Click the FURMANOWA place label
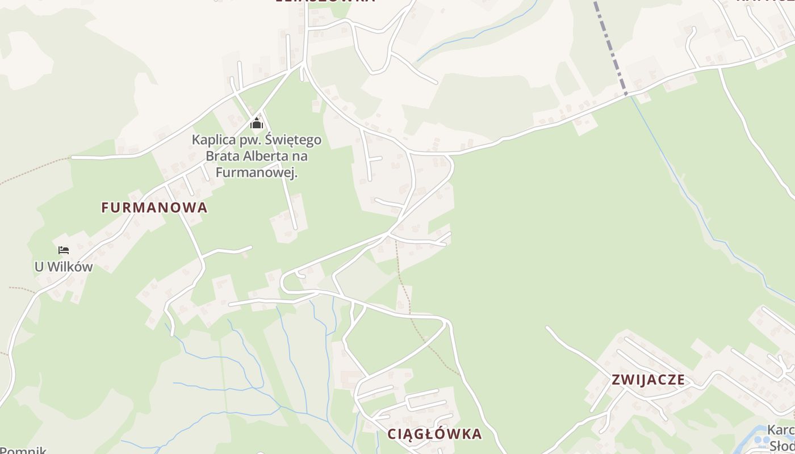(x=154, y=208)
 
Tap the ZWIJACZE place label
(x=648, y=380)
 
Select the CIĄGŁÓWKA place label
(x=434, y=434)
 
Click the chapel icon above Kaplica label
(x=257, y=124)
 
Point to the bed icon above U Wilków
(x=64, y=250)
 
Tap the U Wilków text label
(x=64, y=267)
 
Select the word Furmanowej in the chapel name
(x=257, y=173)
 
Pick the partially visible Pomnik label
(x=23, y=451)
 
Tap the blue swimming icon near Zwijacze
(x=763, y=440)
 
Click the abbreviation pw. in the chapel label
(x=248, y=140)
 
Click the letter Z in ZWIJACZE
(x=616, y=380)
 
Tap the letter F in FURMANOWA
(x=105, y=208)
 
